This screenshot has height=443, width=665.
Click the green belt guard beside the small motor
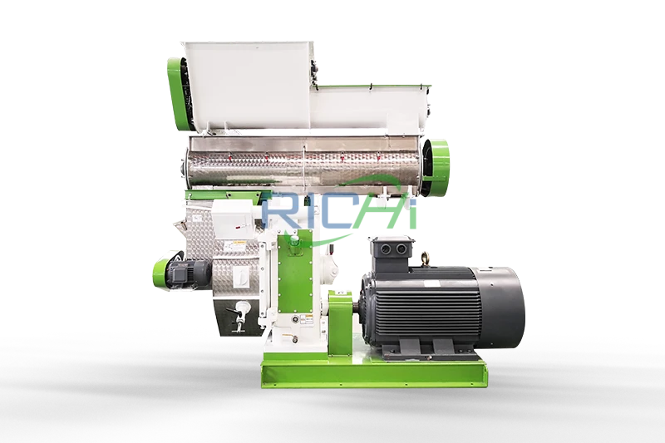[162, 272]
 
